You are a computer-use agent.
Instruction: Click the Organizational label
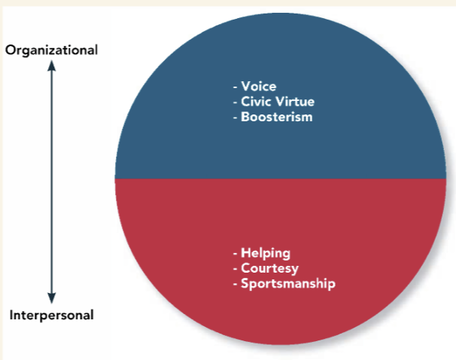51,50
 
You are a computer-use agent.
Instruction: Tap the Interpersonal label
51,315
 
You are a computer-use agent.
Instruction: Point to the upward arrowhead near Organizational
51,66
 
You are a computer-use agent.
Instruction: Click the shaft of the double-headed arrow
51,181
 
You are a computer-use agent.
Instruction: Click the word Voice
259,86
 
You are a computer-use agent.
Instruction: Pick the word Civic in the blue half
256,102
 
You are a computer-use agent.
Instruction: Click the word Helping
266,253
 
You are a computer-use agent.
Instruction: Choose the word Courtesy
270,268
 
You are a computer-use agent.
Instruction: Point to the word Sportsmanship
288,284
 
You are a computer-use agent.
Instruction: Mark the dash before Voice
236,87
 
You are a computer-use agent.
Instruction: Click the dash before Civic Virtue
236,102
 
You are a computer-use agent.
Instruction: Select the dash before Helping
236,254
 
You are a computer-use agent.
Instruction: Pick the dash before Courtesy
236,269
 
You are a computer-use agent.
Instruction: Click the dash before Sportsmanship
236,285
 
